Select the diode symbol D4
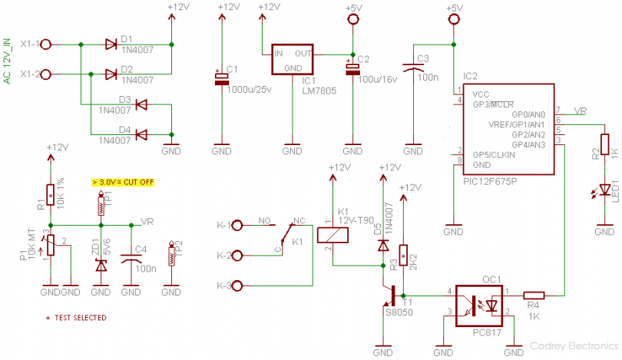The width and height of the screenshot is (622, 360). [141, 135]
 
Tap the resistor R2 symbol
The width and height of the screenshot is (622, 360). [604, 144]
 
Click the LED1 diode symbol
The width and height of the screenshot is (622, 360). [604, 187]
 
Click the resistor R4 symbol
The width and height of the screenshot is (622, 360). [534, 294]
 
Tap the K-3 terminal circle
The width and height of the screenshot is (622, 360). [238, 286]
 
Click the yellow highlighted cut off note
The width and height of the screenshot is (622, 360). [123, 183]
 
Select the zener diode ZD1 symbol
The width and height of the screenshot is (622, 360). [101, 264]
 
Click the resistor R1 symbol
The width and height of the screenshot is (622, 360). [51, 197]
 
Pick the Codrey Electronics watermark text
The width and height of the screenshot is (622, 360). [572, 348]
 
